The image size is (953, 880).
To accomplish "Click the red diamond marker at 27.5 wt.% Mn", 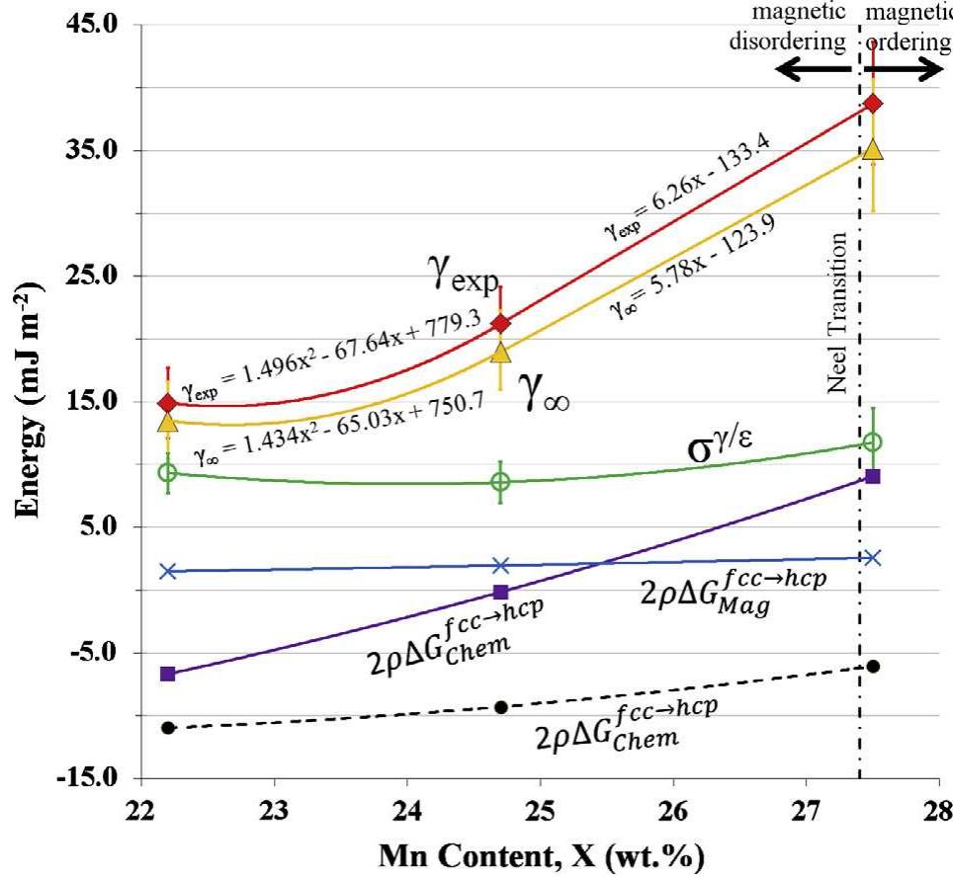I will (873, 104).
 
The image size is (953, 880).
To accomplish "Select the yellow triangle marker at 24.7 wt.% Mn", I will (501, 352).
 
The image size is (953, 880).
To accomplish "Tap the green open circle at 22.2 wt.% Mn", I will (168, 472).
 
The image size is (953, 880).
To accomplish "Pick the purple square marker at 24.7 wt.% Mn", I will (501, 592).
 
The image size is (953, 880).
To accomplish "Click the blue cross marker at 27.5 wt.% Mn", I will (872, 557).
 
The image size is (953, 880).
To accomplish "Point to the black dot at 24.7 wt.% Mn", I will (501, 707).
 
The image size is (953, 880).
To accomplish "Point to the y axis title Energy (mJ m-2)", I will (30, 400).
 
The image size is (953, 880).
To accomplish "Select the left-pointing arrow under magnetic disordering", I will (811, 70).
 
